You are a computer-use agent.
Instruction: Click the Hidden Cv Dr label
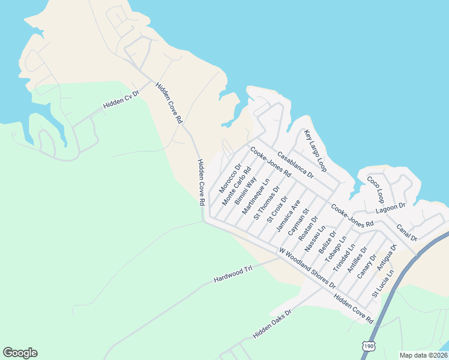coord(121,99)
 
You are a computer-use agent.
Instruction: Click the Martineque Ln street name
coord(256,196)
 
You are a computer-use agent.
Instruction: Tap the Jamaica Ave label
coord(288,217)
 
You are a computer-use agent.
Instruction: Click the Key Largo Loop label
coord(315,149)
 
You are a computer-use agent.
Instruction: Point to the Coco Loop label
coord(375,189)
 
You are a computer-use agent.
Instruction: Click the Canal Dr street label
coord(407,233)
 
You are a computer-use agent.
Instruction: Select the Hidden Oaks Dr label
coord(271,325)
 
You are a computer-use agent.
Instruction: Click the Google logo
coord(20,353)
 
